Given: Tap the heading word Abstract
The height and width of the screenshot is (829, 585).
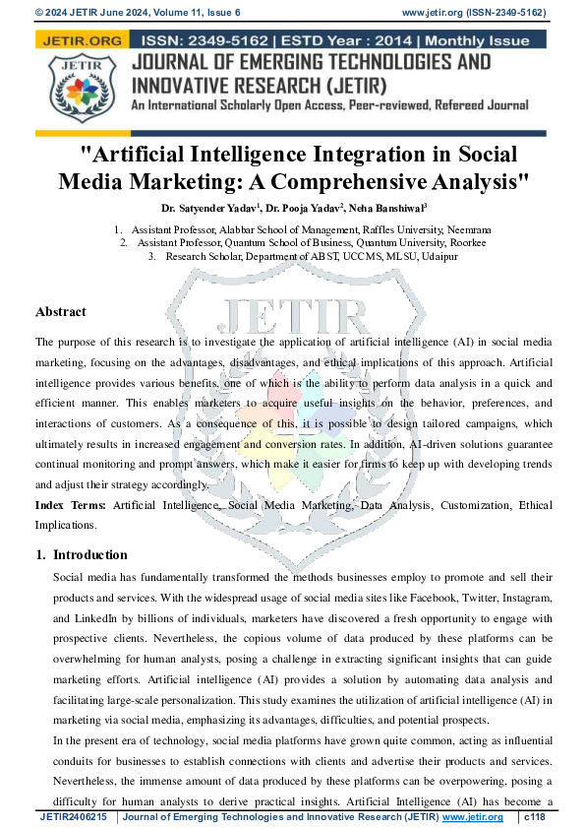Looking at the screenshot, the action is coord(61,312).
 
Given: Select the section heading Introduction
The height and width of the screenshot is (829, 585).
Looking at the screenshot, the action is coord(89,555).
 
